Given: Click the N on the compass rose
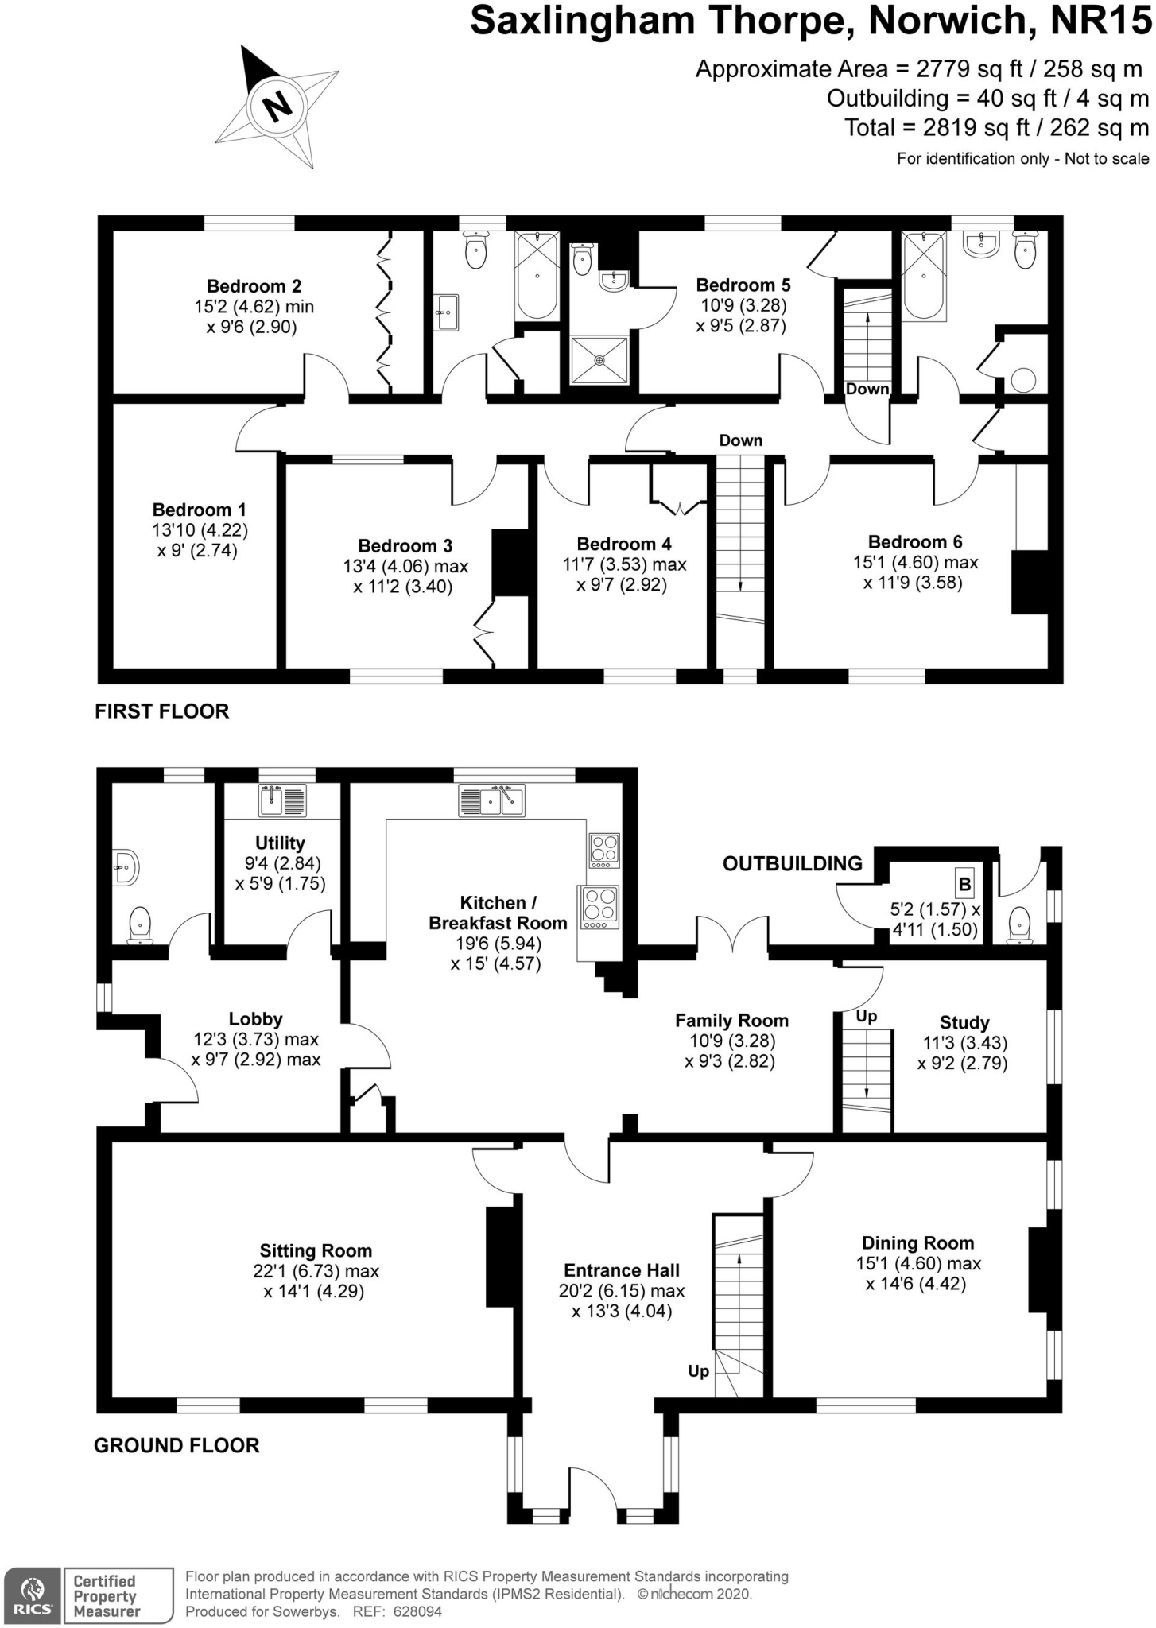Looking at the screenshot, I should click(x=276, y=104).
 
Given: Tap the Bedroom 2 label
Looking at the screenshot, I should click(x=254, y=286).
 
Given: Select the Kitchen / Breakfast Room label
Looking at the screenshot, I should click(x=498, y=913).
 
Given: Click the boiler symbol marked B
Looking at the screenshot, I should click(x=964, y=884).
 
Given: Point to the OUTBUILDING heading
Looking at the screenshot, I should click(x=792, y=863).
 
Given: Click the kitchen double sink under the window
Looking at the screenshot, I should click(x=491, y=800).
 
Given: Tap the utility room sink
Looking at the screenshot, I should click(x=282, y=800).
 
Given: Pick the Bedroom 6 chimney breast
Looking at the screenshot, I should click(x=1029, y=582).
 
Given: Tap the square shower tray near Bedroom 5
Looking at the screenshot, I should click(x=599, y=360).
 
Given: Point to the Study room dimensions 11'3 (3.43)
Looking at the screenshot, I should click(x=964, y=1043).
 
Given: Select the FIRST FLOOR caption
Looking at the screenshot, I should click(x=162, y=711).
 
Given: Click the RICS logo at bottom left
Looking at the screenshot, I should click(x=32, y=1595).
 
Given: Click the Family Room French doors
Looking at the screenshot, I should click(x=732, y=937).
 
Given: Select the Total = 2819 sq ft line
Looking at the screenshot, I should click(x=996, y=127).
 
